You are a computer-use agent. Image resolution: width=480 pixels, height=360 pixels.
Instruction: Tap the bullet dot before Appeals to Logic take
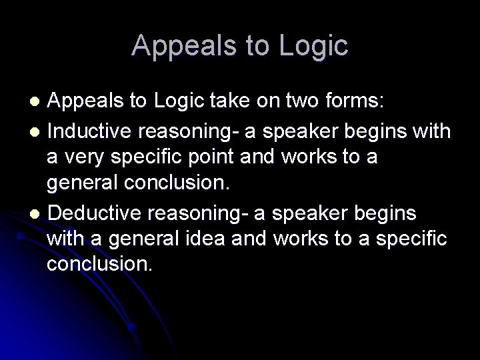click(x=38, y=102)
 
